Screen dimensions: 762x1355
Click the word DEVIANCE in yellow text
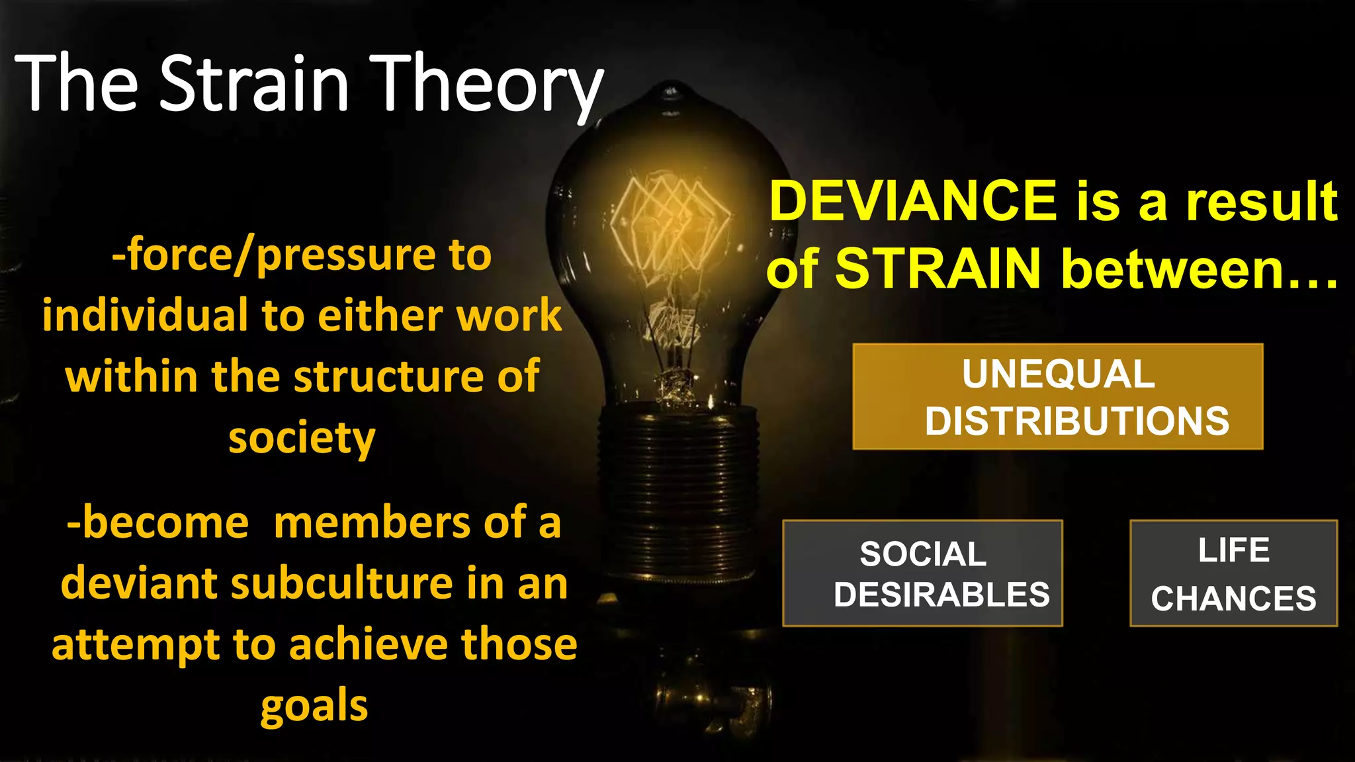[x=913, y=201]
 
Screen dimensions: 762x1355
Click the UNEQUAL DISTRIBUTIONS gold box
[x=1057, y=397]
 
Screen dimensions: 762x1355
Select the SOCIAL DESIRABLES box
[x=922, y=573]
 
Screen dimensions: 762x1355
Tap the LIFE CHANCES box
[x=1233, y=573]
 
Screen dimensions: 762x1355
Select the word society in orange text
[x=302, y=439]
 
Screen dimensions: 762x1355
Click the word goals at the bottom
[x=314, y=706]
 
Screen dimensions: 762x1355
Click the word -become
[x=157, y=523]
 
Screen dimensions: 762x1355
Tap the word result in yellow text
[x=1261, y=201]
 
